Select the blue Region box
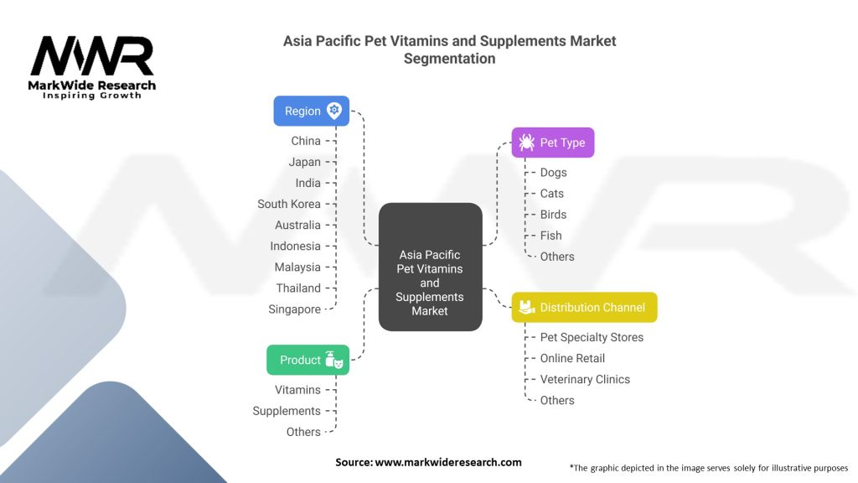(311, 111)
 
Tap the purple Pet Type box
(552, 143)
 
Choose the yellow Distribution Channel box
(584, 307)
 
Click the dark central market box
(430, 267)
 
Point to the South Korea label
(289, 204)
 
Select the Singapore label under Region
(294, 309)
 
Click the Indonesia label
(295, 247)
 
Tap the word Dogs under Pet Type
(553, 173)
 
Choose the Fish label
(550, 236)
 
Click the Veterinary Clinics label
(585, 379)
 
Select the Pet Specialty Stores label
(592, 337)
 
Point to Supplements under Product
(287, 411)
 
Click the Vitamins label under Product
(297, 390)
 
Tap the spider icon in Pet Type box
(526, 143)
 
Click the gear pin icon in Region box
(334, 111)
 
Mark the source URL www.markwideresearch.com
(447, 462)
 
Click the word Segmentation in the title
(449, 59)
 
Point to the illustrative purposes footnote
(708, 467)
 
